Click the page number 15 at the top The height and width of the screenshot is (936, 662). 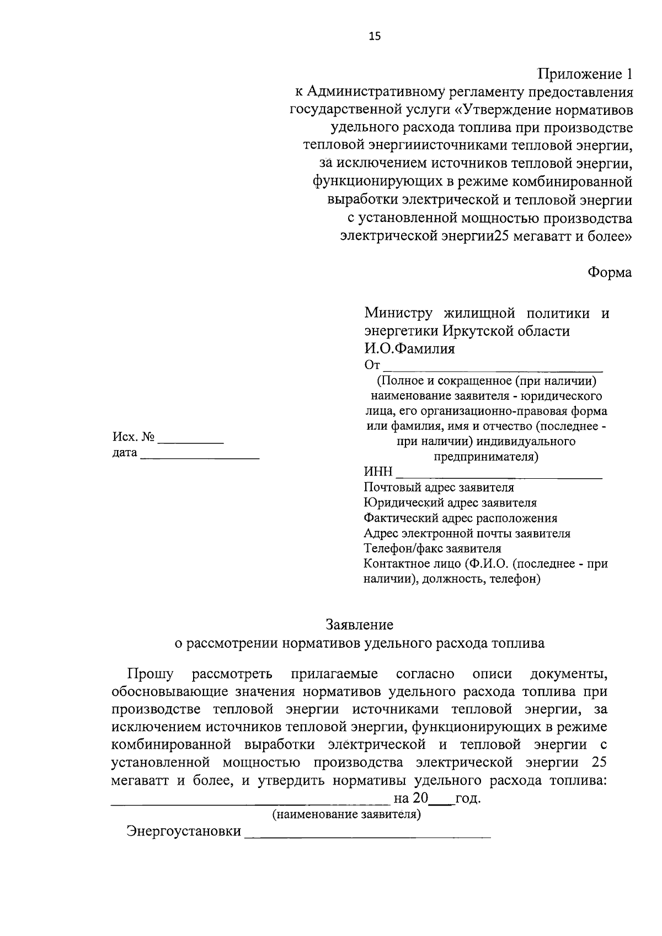pos(375,36)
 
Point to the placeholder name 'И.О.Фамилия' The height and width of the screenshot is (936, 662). pos(409,349)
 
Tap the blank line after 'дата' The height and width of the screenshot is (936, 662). pos(200,458)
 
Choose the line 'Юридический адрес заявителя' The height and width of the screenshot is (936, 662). pos(450,503)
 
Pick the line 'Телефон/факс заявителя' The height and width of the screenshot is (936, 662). pos(433,549)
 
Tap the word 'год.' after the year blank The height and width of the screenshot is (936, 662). pos(468,798)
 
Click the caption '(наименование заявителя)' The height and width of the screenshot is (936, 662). pos(346,815)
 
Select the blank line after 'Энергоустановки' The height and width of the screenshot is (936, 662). pos(367,837)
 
